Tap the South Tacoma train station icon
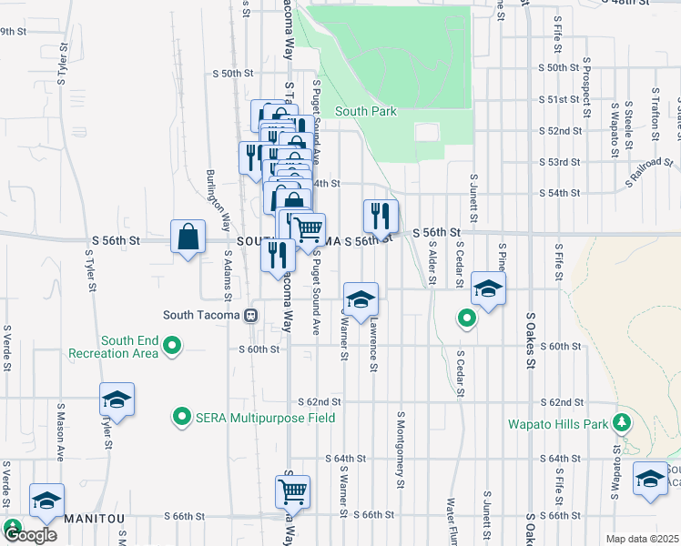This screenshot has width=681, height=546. [x=250, y=316]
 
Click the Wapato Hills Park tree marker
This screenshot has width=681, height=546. [x=623, y=422]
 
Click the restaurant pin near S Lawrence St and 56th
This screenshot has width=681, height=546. [x=381, y=217]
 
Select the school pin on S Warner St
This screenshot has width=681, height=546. [x=361, y=298]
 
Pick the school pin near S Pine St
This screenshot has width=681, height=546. [x=488, y=290]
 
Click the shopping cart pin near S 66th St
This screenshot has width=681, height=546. [x=292, y=492]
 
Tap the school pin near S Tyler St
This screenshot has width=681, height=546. [x=117, y=399]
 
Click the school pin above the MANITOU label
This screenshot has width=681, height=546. [x=47, y=500]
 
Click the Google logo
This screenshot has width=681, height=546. [x=29, y=535]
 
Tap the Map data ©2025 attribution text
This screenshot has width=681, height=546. [x=642, y=539]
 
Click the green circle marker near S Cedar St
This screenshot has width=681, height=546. [x=466, y=318]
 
